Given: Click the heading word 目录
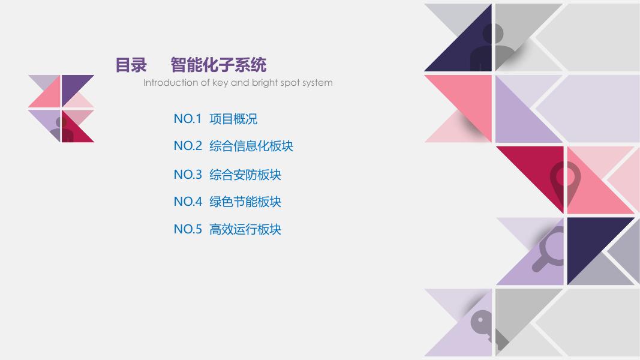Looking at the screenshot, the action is click(131, 65).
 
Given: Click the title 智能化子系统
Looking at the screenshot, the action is click(218, 65).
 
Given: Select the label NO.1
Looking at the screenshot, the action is click(188, 119).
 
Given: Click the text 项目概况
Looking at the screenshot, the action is click(233, 119).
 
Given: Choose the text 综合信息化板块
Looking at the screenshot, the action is click(251, 146).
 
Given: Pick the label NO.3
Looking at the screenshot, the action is click(188, 175).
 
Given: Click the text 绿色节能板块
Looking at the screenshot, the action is click(245, 202).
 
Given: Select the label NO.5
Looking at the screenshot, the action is click(188, 229).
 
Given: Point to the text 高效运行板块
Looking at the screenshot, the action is click(245, 229).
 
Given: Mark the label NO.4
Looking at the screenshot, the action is click(188, 202).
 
